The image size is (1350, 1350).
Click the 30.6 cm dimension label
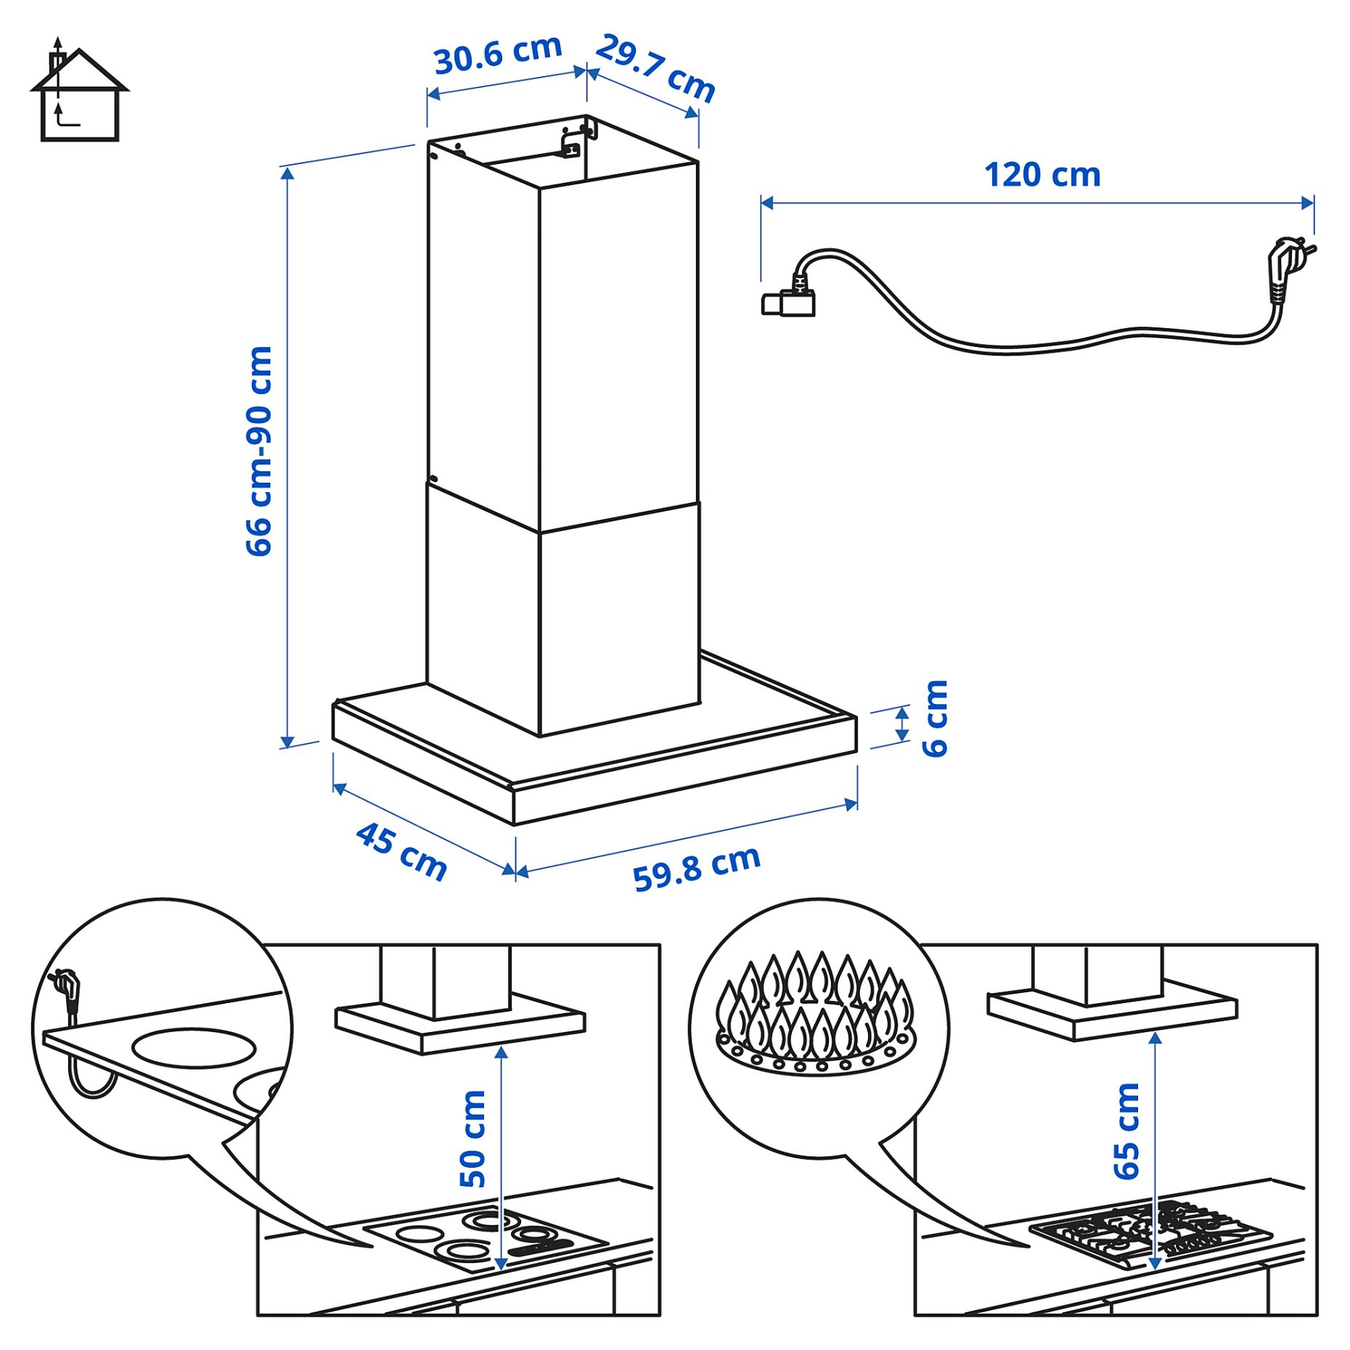tap(498, 54)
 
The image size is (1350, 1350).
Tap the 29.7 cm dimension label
tap(655, 68)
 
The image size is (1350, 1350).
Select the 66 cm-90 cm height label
tap(259, 451)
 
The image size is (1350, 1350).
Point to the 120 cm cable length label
tap(1042, 175)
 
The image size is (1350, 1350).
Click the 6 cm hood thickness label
tap(935, 719)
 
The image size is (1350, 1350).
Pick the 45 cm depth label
tap(401, 851)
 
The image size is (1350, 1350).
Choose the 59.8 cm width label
tap(696, 868)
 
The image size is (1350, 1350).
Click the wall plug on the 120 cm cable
tap(1288, 265)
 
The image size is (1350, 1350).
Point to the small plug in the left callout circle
tap(67, 991)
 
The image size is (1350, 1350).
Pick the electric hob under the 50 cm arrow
tap(485, 1237)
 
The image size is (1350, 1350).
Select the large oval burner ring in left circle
tap(194, 1047)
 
